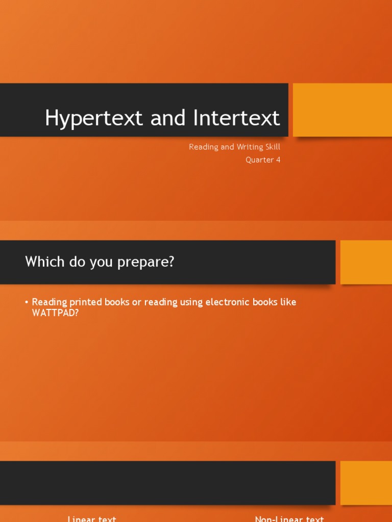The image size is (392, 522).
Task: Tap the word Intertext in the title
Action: coord(237,118)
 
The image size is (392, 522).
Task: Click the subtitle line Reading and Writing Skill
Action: coord(234,147)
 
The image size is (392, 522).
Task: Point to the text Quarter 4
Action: coord(263,160)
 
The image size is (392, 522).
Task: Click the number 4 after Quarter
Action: coord(278,160)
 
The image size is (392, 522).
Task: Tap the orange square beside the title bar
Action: coord(342,110)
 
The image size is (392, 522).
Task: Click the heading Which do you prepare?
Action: coord(100,262)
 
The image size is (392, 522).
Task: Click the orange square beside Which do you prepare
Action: coord(366,262)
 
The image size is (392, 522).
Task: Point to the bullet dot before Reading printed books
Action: coord(27,302)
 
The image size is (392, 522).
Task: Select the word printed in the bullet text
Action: coord(85,302)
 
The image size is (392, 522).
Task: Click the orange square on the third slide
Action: coord(366,483)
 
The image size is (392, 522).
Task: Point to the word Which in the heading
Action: coord(45,262)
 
